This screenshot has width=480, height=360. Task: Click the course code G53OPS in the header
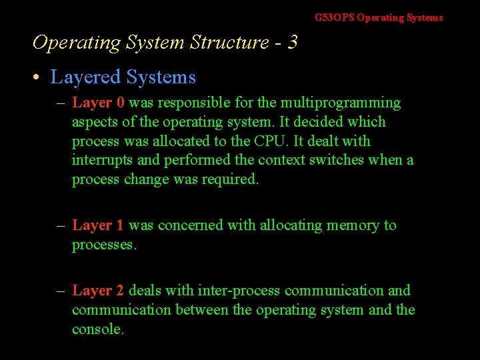[335, 18]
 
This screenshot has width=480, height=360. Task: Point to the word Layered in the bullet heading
[83, 77]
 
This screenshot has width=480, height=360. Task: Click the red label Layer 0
[98, 103]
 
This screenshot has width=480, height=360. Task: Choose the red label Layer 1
[98, 225]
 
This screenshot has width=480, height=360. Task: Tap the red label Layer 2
[98, 291]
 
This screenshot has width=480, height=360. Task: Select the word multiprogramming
[340, 103]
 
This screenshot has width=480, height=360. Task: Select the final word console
[98, 329]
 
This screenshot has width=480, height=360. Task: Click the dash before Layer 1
[61, 225]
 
